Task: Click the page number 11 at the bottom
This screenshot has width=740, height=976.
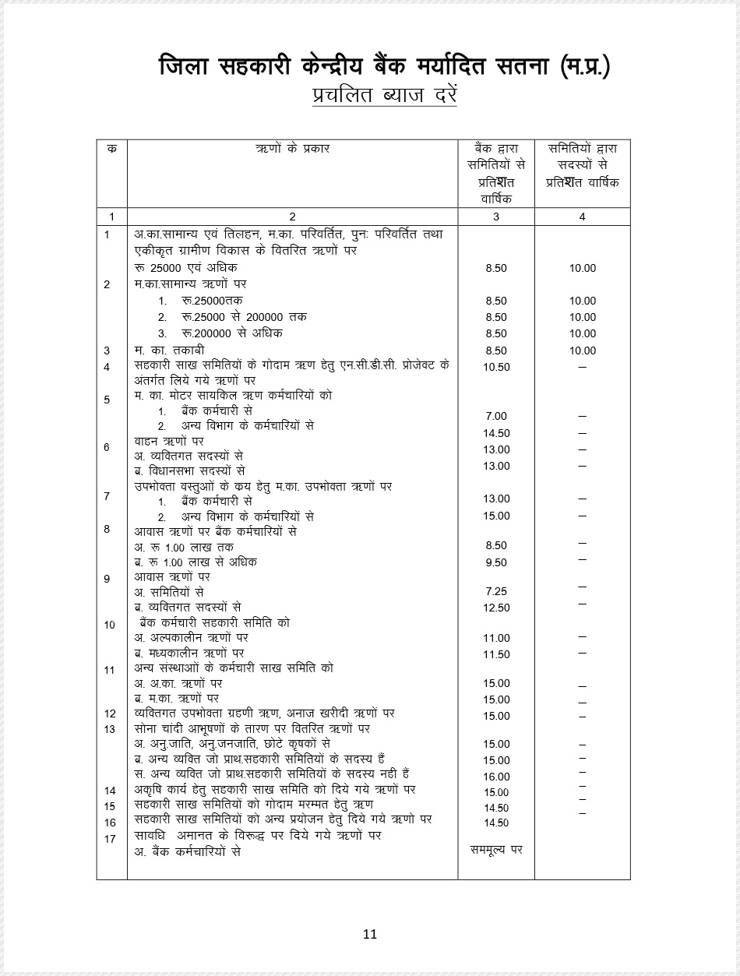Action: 370,934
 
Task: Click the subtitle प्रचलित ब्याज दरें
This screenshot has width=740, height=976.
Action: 384,97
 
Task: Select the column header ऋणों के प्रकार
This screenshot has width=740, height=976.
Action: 292,148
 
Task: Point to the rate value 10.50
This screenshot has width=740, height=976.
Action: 496,367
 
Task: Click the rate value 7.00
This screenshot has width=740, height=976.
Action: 495,417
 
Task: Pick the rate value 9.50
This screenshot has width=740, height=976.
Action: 495,562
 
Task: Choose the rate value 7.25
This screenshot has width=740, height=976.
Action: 495,592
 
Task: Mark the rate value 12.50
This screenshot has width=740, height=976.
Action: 496,608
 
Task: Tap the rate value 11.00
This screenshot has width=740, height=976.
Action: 496,638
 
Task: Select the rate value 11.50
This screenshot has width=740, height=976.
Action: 496,654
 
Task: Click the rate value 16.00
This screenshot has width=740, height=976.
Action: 496,777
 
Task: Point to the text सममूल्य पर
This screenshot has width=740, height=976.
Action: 496,849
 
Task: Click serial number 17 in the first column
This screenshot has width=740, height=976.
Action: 110,839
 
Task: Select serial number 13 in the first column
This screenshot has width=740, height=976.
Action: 110,729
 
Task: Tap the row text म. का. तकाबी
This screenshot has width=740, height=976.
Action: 169,351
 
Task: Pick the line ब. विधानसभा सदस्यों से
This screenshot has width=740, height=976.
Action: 190,470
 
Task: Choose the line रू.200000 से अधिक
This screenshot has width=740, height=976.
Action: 221,333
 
